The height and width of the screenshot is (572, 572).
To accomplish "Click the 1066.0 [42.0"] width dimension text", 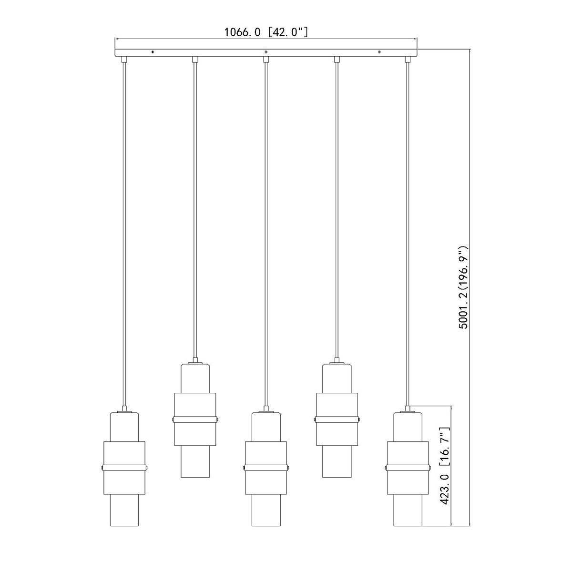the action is click(x=266, y=32).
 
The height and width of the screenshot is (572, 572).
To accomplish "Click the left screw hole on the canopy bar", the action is click(x=153, y=52).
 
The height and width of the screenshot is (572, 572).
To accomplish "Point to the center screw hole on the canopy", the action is click(x=266, y=52).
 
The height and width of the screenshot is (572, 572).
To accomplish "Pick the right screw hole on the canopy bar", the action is click(x=379, y=52).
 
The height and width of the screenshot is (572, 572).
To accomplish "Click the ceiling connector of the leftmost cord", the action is click(x=124, y=60).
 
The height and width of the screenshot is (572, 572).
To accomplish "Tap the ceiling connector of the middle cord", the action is click(x=266, y=60).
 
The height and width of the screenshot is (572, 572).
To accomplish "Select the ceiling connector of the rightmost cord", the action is click(x=408, y=60).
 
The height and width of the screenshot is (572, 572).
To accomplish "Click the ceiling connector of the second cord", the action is click(x=195, y=60).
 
